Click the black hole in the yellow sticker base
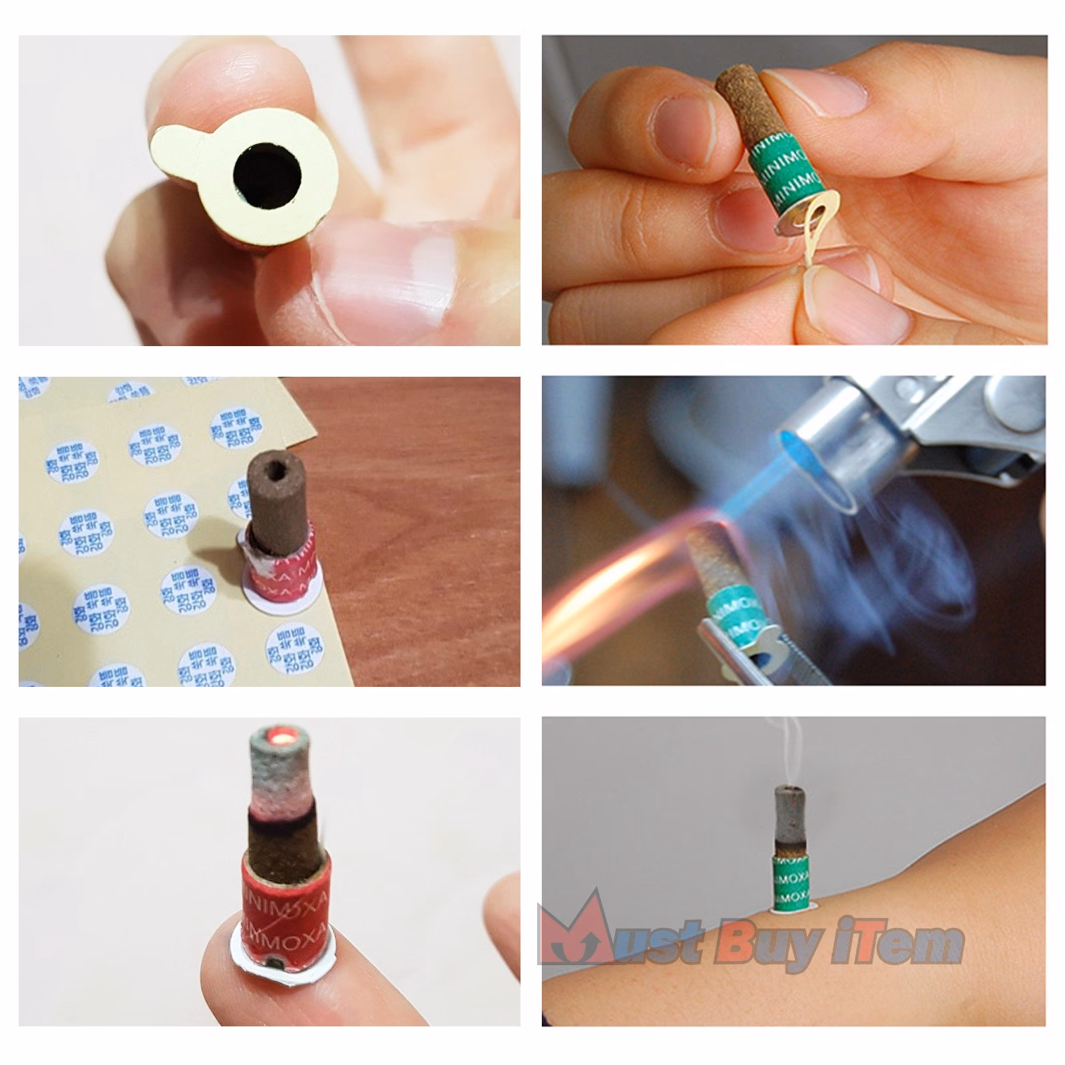267,176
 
